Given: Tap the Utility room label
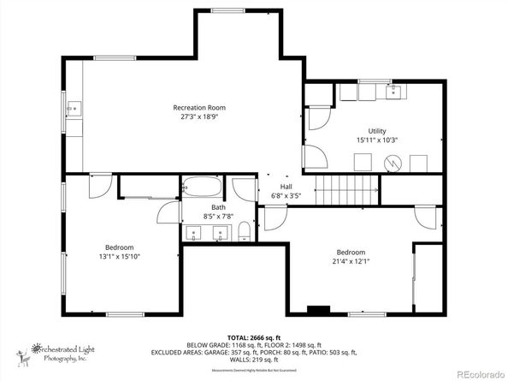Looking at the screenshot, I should (378, 130).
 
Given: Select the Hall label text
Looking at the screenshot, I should (286, 186).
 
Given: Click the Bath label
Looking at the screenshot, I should (219, 207).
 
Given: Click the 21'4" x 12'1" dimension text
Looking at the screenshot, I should (351, 262).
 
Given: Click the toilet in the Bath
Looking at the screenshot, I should (244, 229).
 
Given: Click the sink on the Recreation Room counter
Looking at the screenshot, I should (75, 109).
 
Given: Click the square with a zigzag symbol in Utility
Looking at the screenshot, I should (391, 162).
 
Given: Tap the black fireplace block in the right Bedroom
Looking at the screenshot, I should (318, 309).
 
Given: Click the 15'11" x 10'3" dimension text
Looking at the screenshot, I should (378, 140).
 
